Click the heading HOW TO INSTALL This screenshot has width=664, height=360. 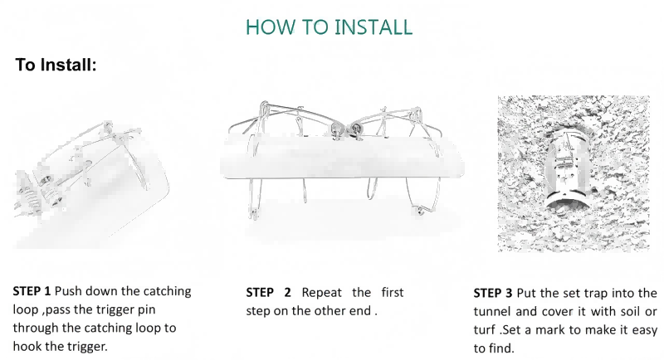pyautogui.click(x=329, y=27)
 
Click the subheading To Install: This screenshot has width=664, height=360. pyautogui.click(x=56, y=65)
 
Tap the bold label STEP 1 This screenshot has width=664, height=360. pyautogui.click(x=32, y=291)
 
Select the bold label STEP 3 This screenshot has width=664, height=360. pyautogui.click(x=493, y=293)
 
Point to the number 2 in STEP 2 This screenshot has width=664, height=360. pyautogui.click(x=287, y=292)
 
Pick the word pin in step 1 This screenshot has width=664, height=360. pyautogui.click(x=147, y=310)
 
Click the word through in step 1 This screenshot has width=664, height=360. pyautogui.click(x=36, y=328)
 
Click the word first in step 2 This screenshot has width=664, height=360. pyautogui.click(x=393, y=292)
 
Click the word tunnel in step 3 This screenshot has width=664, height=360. pyautogui.click(x=492, y=311)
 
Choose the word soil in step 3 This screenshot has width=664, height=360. pyautogui.click(x=630, y=311)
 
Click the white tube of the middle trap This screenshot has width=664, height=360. pyautogui.click(x=342, y=157)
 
